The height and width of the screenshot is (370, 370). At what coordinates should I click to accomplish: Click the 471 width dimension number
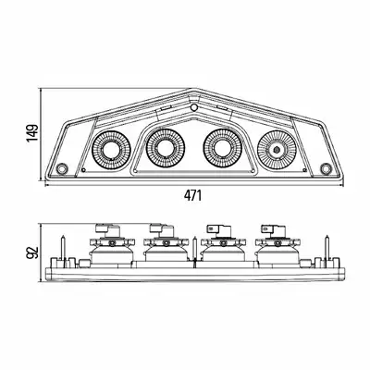click(192, 195)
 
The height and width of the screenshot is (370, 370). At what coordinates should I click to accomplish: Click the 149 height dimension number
click(32, 133)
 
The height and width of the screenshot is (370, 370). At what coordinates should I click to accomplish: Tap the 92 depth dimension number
click(32, 253)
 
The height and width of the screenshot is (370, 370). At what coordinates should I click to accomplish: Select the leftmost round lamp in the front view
click(112, 150)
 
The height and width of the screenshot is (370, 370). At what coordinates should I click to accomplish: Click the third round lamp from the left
click(223, 148)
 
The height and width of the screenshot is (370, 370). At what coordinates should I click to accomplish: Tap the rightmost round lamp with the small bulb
click(277, 150)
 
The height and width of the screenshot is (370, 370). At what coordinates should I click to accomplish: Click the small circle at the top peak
click(194, 107)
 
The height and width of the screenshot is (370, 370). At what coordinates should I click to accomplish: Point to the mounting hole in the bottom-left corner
click(63, 167)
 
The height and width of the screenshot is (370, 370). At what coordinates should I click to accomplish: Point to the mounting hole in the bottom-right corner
click(326, 168)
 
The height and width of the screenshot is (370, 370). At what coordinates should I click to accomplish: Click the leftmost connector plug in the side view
click(107, 229)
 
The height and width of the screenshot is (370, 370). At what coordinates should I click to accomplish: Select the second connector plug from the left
click(162, 229)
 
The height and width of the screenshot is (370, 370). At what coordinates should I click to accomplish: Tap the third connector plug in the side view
click(218, 230)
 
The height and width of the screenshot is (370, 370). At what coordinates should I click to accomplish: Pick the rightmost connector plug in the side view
click(274, 230)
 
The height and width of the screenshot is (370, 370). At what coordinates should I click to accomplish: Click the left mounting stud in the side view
click(63, 248)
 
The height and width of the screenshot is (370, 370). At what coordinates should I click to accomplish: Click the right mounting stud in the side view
click(327, 248)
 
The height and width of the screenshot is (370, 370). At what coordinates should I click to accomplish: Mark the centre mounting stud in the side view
click(194, 250)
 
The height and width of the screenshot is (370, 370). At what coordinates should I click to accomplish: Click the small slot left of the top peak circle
click(166, 108)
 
